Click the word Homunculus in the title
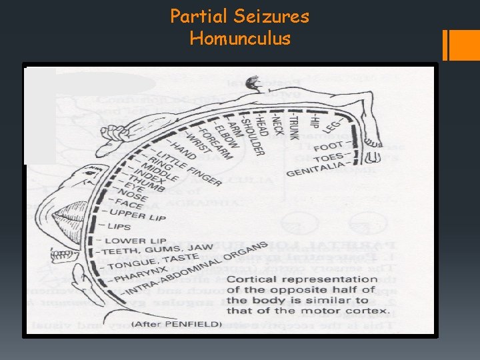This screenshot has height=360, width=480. (240, 39)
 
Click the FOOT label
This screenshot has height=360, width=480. (330, 145)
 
